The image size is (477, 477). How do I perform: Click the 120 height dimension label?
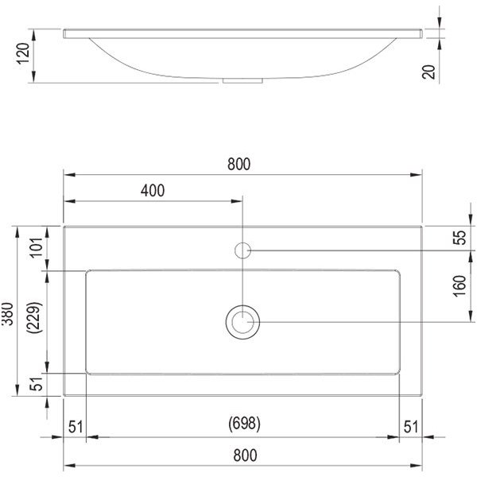(x=23, y=53)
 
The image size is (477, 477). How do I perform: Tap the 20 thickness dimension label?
(x=429, y=72)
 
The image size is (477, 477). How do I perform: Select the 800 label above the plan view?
(x=239, y=164)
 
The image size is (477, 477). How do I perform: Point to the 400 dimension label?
(x=153, y=191)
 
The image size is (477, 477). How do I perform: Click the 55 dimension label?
(x=460, y=238)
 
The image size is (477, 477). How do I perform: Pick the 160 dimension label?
(x=460, y=286)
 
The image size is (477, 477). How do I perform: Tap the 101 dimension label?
(x=37, y=247)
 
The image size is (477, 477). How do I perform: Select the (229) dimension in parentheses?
(x=34, y=317)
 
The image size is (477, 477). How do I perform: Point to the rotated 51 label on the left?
(x=37, y=384)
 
